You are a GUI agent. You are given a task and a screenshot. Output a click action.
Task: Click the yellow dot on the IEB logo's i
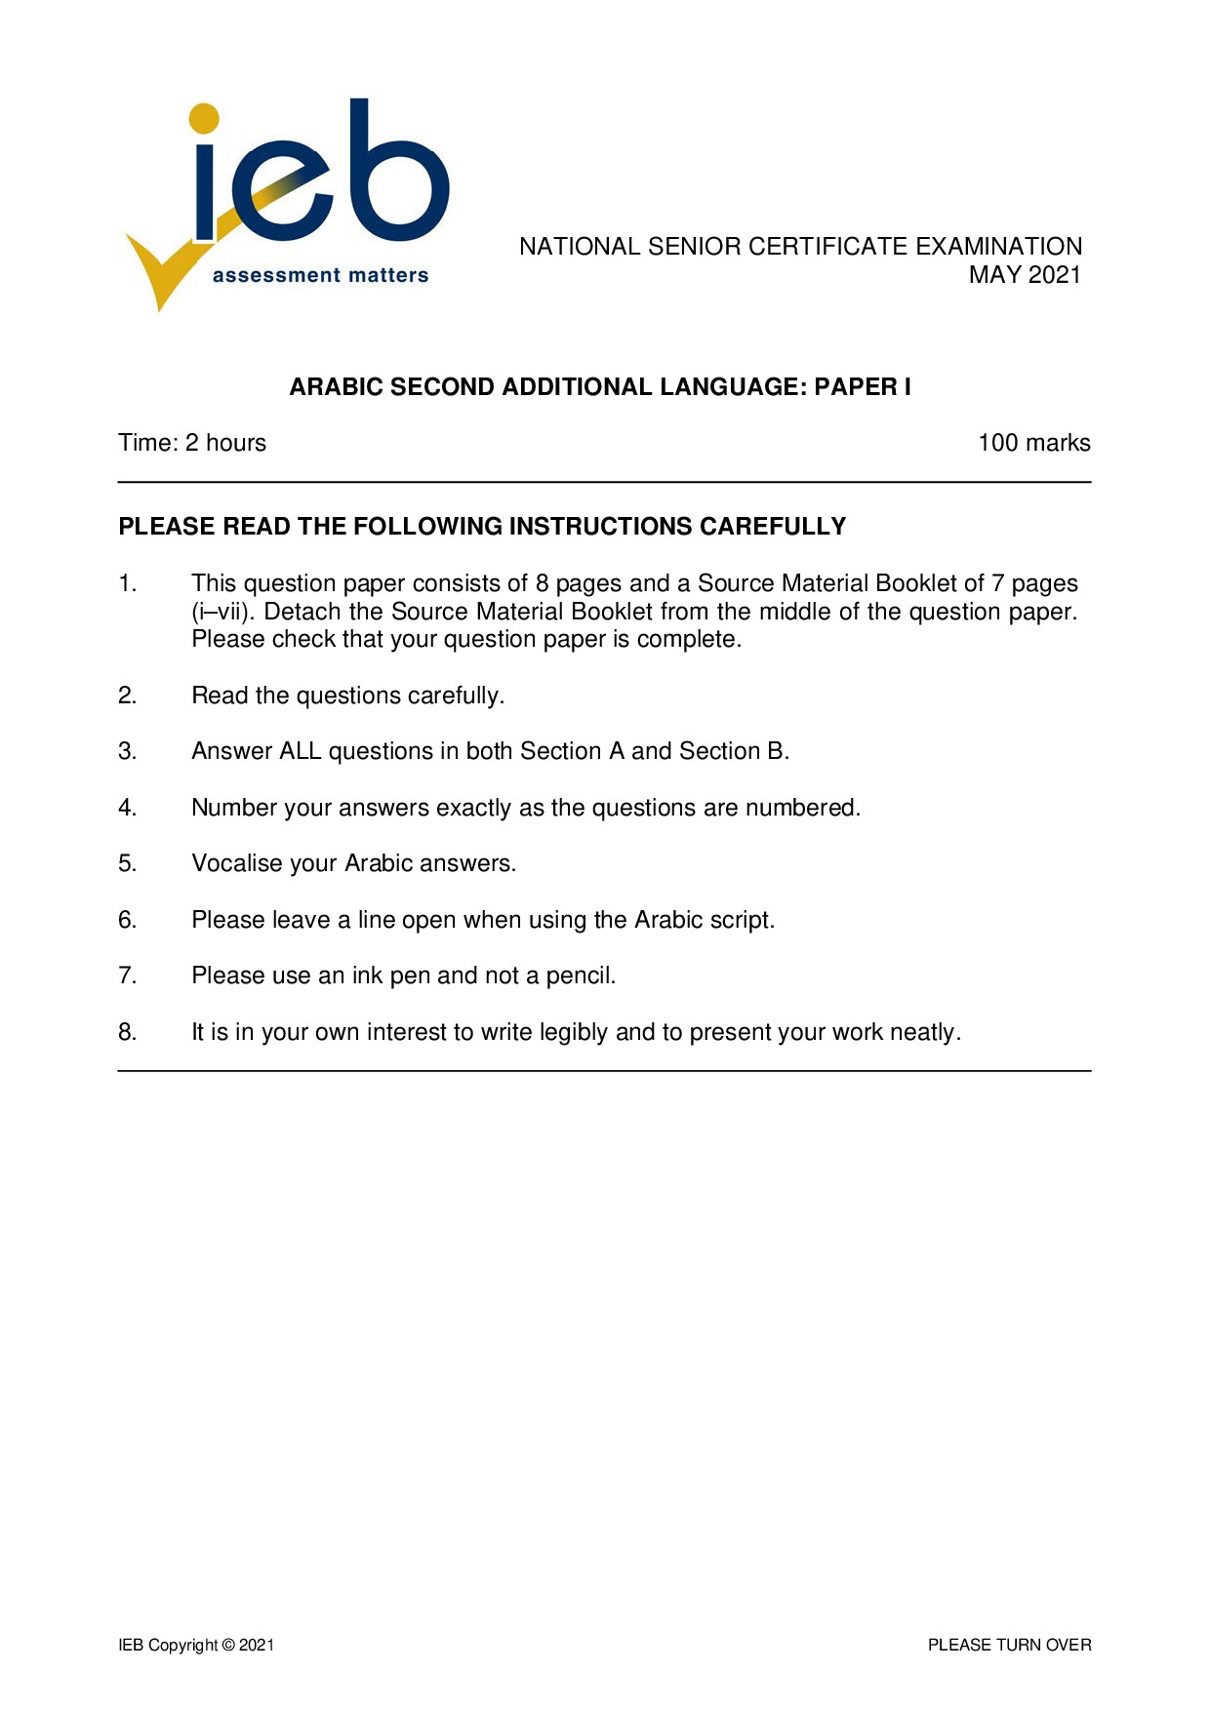[x=204, y=118]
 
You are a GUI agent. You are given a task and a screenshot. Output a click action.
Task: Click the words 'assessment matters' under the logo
[x=320, y=276]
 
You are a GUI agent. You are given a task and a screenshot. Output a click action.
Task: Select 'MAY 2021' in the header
[x=1025, y=275]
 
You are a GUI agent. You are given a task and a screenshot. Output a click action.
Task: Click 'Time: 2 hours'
[x=192, y=443]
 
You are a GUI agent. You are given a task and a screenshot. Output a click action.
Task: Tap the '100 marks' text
[x=1033, y=443]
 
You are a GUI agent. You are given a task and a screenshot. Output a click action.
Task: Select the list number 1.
[x=127, y=583]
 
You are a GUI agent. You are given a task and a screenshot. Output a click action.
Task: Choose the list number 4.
[x=127, y=808]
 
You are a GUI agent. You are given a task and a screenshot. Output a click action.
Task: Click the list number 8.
[x=127, y=1032]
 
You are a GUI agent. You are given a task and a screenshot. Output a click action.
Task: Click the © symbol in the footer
[x=228, y=1645]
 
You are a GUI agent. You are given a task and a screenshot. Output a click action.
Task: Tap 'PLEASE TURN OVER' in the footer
[x=1009, y=1645]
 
